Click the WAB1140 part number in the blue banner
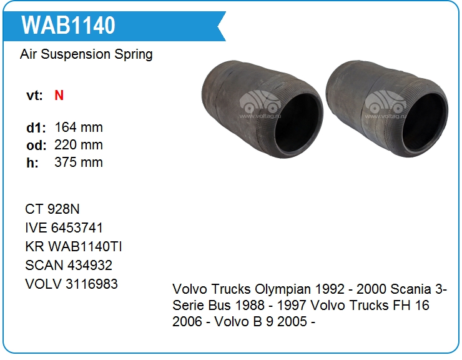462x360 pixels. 68,26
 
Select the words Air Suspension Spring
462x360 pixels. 86,54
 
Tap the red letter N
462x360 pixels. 59,95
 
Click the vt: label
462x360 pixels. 34,96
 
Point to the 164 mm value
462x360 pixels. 79,127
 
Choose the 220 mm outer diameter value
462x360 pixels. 79,145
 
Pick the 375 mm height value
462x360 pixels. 79,162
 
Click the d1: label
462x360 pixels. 36,127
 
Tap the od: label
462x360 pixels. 36,145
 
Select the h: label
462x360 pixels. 32,162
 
